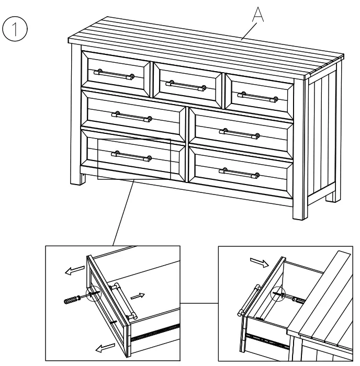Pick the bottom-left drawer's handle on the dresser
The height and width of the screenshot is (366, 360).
click(131, 155)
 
